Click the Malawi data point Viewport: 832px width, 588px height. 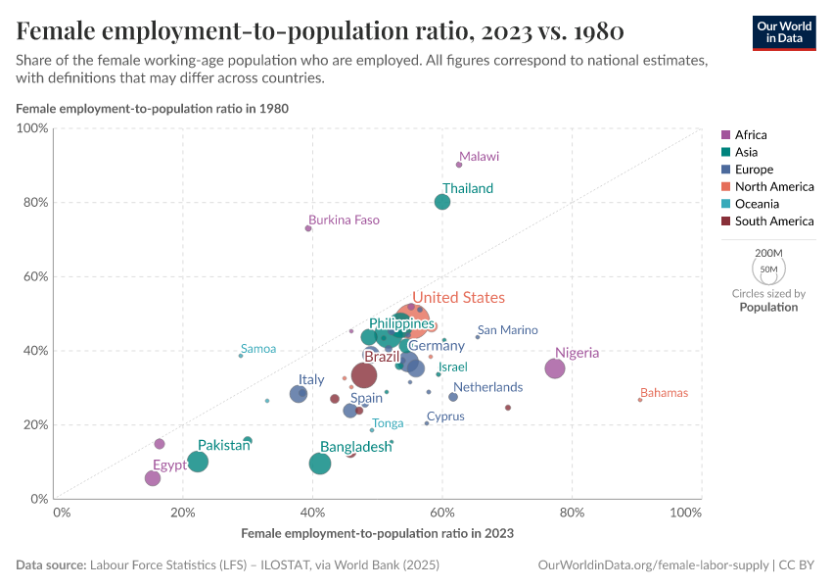click(x=459, y=165)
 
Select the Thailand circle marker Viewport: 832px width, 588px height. click(x=442, y=202)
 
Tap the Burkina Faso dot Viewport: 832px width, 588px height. click(x=308, y=228)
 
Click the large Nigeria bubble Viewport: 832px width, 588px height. click(x=555, y=368)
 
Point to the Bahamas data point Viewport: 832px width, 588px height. click(x=640, y=400)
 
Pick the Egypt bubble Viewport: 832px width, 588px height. click(x=153, y=478)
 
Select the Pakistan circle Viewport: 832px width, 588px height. click(x=198, y=462)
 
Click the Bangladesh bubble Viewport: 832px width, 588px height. click(x=320, y=464)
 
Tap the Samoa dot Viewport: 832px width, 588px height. click(x=241, y=356)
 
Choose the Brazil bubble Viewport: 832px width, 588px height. click(x=364, y=375)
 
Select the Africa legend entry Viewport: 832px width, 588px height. click(x=750, y=135)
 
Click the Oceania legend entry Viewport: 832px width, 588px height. click(x=757, y=204)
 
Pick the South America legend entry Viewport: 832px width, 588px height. click(x=773, y=221)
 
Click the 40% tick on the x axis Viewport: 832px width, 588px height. click(x=312, y=513)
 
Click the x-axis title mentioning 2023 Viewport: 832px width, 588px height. click(x=377, y=534)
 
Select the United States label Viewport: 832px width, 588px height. click(x=458, y=298)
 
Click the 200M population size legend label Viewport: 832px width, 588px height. click(x=768, y=253)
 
